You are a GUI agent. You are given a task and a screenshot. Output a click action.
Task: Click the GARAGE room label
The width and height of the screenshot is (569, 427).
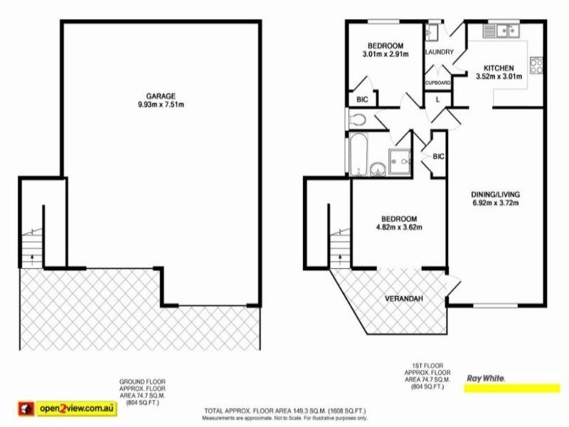pyautogui.click(x=160, y=96)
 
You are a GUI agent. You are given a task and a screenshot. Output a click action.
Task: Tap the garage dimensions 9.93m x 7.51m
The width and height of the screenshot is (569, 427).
pyautogui.click(x=160, y=105)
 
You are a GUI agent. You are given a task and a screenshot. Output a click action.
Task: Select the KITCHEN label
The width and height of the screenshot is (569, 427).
pyautogui.click(x=498, y=68)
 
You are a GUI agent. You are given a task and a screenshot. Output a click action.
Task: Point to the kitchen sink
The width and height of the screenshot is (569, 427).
pyautogui.click(x=504, y=30)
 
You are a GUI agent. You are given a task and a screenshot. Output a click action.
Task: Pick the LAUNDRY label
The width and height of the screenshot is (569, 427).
pyautogui.click(x=439, y=52)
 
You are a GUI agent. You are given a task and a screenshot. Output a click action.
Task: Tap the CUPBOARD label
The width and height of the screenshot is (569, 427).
pyautogui.click(x=438, y=83)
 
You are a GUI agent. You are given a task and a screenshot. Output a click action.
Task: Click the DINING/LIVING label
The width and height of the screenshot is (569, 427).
pyautogui.click(x=496, y=194)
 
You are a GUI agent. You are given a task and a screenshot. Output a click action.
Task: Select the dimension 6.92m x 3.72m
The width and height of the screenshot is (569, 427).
pyautogui.click(x=496, y=204)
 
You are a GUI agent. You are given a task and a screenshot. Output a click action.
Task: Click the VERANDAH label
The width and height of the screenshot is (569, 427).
pyautogui.click(x=404, y=298)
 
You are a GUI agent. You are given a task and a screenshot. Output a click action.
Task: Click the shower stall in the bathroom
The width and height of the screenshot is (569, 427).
pyautogui.click(x=401, y=162)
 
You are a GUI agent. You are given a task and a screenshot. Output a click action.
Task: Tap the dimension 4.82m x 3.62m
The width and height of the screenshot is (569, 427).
pyautogui.click(x=398, y=228)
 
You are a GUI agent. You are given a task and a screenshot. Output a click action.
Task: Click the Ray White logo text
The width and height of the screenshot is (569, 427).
pyautogui.click(x=485, y=379)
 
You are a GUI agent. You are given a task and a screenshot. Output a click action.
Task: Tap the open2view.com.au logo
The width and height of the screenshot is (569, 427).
pyautogui.click(x=78, y=408)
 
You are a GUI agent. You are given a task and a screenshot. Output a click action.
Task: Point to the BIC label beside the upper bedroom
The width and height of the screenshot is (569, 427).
pyautogui.click(x=361, y=100)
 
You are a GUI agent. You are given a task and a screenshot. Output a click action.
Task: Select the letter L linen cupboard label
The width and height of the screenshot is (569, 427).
pyautogui.click(x=437, y=100)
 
